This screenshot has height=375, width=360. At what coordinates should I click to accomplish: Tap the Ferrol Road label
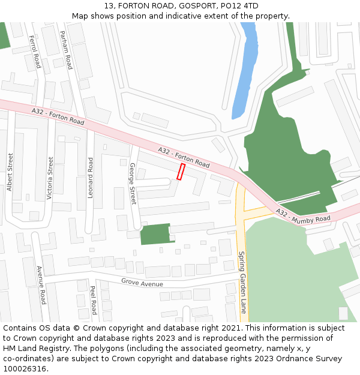coord(35,52)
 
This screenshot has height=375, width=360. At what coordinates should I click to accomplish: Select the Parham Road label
coord(66,49)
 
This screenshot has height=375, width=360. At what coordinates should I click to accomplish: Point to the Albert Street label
coord(10,172)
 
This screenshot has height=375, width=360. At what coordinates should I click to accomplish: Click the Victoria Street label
coord(50,178)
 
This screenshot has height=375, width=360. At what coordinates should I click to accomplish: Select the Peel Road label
coord(92,300)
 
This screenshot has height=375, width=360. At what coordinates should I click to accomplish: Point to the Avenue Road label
coord(41,286)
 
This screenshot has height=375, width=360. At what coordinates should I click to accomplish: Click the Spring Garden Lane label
coord(242,282)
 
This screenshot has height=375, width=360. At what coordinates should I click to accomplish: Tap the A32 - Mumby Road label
coord(303,216)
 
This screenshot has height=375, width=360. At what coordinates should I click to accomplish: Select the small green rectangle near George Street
coord(155,234)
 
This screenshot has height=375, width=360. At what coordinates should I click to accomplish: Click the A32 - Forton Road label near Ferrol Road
coord(58,116)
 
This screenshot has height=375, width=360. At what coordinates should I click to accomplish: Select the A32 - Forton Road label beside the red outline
coord(184,157)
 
